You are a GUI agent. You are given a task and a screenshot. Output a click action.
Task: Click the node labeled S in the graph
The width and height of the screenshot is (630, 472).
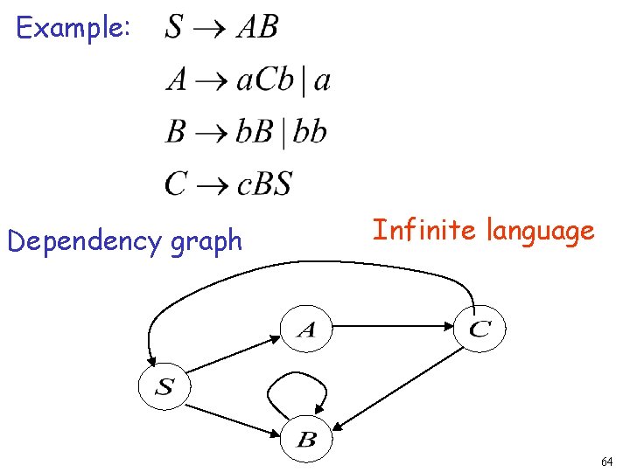pos(163,386)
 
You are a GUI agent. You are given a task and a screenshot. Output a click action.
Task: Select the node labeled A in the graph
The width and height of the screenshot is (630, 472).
pos(305,330)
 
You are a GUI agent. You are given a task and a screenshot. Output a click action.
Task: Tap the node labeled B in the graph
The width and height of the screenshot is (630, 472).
pos(305,439)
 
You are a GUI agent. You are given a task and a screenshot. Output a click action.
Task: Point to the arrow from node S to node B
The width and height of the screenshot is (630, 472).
pos(234,417)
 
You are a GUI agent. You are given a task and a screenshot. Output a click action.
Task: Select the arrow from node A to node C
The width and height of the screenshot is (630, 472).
pos(393,328)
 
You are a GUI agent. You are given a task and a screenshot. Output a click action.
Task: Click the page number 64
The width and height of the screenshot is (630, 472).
pos(607,460)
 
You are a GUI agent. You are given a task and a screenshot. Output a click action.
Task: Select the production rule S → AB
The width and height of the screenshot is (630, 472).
pos(221,28)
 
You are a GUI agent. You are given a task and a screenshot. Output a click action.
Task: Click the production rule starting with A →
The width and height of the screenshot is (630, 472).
pos(248,80)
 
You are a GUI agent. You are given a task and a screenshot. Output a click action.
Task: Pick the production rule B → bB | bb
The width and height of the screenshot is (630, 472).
pos(246,133)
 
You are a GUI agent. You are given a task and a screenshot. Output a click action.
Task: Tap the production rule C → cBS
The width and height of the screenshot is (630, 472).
pos(228,184)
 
